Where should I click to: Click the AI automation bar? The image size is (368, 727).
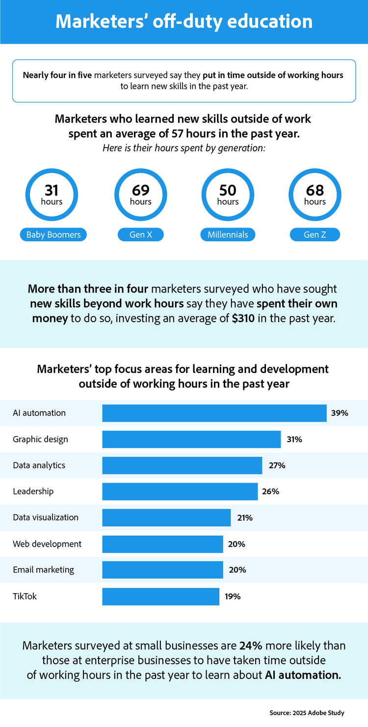coord(214,413)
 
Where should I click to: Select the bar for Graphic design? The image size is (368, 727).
coord(191,439)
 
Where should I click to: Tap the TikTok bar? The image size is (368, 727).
coord(160,597)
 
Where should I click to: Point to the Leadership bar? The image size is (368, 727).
coord(180,491)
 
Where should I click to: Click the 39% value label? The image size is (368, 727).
coord(340,413)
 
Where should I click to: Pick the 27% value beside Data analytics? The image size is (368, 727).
coord(277,465)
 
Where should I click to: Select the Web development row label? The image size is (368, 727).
coord(47,544)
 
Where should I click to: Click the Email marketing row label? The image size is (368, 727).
coord(44,570)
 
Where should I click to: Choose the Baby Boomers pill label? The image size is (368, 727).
coord(53,235)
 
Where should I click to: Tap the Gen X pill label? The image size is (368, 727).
coord(141,235)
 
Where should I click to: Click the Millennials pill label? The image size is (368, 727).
coord(228,235)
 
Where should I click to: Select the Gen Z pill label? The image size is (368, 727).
coord(315,235)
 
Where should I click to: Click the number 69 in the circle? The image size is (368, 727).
coord(140,190)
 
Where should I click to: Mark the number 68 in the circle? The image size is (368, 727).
coord(315,190)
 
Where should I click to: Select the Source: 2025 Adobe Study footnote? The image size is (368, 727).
coord(307,713)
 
